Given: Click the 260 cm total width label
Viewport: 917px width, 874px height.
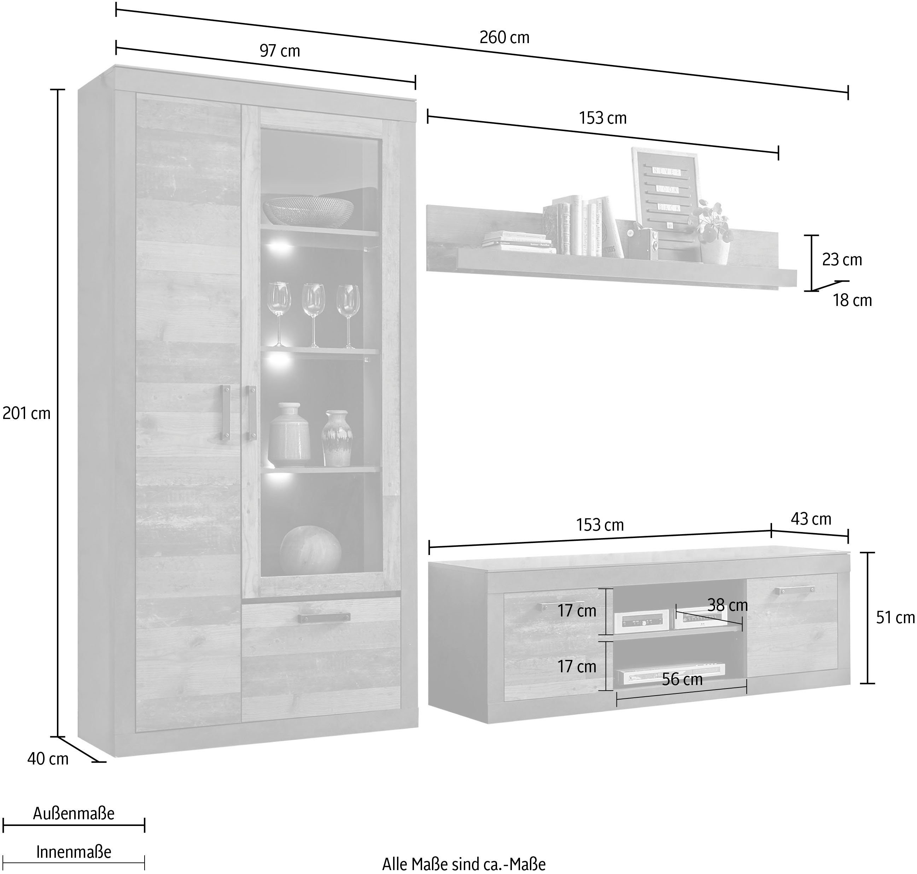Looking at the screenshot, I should (x=504, y=37).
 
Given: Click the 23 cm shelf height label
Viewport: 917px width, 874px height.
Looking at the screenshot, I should (x=842, y=260).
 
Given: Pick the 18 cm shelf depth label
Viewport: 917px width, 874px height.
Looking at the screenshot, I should (x=852, y=301).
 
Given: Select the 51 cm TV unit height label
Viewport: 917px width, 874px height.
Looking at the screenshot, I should (x=895, y=618).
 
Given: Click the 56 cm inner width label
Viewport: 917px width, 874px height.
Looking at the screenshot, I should (x=682, y=679).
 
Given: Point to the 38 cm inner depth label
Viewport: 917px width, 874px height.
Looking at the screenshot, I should (x=727, y=605).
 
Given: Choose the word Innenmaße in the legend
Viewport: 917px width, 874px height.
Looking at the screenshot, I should (x=74, y=852).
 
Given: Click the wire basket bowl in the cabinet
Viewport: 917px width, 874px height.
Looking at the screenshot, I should (x=308, y=210).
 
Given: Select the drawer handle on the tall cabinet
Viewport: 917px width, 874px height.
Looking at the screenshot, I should (x=323, y=617).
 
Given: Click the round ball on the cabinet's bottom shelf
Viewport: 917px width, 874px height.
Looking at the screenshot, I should (x=310, y=550).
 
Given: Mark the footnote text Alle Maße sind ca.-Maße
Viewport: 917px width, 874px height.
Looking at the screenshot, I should (x=463, y=864).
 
